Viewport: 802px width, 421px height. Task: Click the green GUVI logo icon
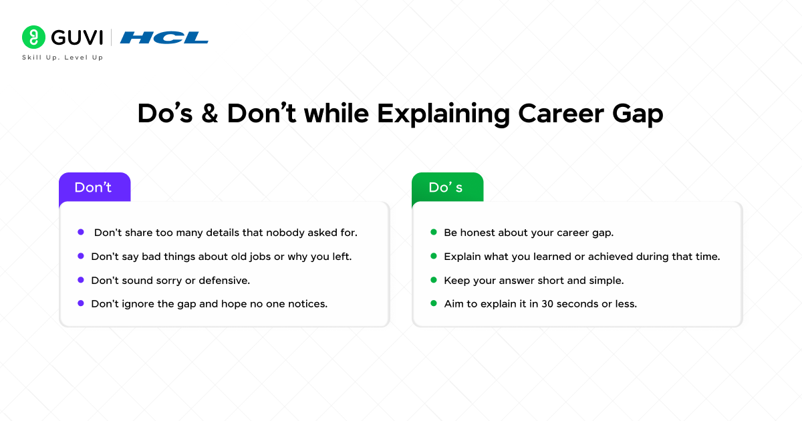point(32,37)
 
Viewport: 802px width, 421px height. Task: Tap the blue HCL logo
point(164,37)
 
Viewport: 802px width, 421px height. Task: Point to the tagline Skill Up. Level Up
point(63,57)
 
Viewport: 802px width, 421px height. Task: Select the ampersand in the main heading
point(210,114)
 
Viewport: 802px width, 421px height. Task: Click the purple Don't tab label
point(93,188)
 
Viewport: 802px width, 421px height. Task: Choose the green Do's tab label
point(446,188)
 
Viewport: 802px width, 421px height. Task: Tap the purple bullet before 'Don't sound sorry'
point(81,279)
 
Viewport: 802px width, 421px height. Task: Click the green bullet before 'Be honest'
point(433,233)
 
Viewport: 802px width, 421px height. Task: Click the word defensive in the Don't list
point(225,280)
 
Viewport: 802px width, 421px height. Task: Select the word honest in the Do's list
point(478,233)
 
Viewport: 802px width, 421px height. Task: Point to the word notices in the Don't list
point(307,303)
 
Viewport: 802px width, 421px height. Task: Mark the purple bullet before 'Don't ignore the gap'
point(81,303)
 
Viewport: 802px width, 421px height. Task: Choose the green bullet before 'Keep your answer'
point(433,279)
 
